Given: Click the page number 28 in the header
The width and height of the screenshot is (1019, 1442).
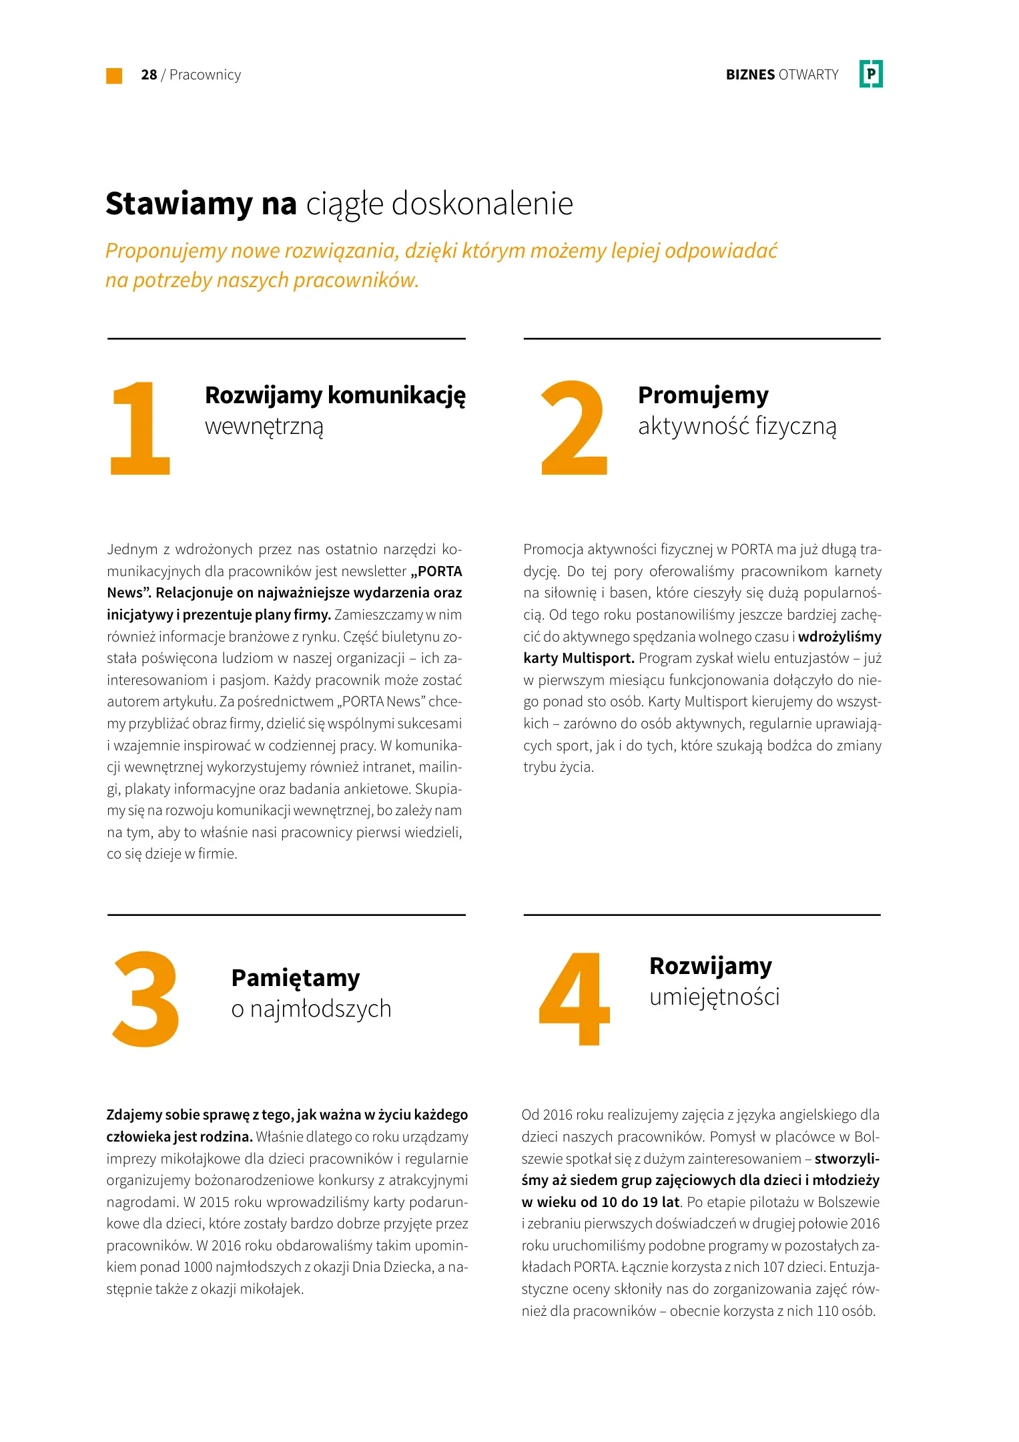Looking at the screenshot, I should (x=149, y=75).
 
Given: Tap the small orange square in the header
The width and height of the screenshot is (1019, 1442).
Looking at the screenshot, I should (x=114, y=75).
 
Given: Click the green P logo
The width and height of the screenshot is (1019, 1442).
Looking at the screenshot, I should (x=871, y=74).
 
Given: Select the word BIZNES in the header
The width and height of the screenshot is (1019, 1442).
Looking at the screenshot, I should (x=750, y=75).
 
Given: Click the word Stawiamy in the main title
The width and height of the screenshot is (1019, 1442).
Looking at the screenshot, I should (x=179, y=204).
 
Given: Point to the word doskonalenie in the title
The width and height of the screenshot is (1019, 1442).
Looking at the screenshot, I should (x=482, y=204).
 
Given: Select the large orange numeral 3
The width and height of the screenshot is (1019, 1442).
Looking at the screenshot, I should (x=145, y=999).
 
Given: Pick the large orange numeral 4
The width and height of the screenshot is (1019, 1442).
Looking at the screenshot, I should (x=575, y=999).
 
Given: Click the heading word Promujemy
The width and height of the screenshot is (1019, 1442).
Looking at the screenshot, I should (x=703, y=395).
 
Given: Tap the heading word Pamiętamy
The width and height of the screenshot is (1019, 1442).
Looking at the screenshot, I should (x=295, y=978).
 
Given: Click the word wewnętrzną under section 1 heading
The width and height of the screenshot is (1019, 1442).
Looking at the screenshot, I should (x=264, y=427).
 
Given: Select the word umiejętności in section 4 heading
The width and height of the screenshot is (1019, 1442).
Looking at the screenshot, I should (x=714, y=997).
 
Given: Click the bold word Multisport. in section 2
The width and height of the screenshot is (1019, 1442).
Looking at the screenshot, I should (x=598, y=658).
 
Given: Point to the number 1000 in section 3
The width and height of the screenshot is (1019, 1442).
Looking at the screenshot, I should (x=198, y=1267).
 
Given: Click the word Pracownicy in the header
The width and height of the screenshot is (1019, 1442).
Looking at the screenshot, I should (x=205, y=75).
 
